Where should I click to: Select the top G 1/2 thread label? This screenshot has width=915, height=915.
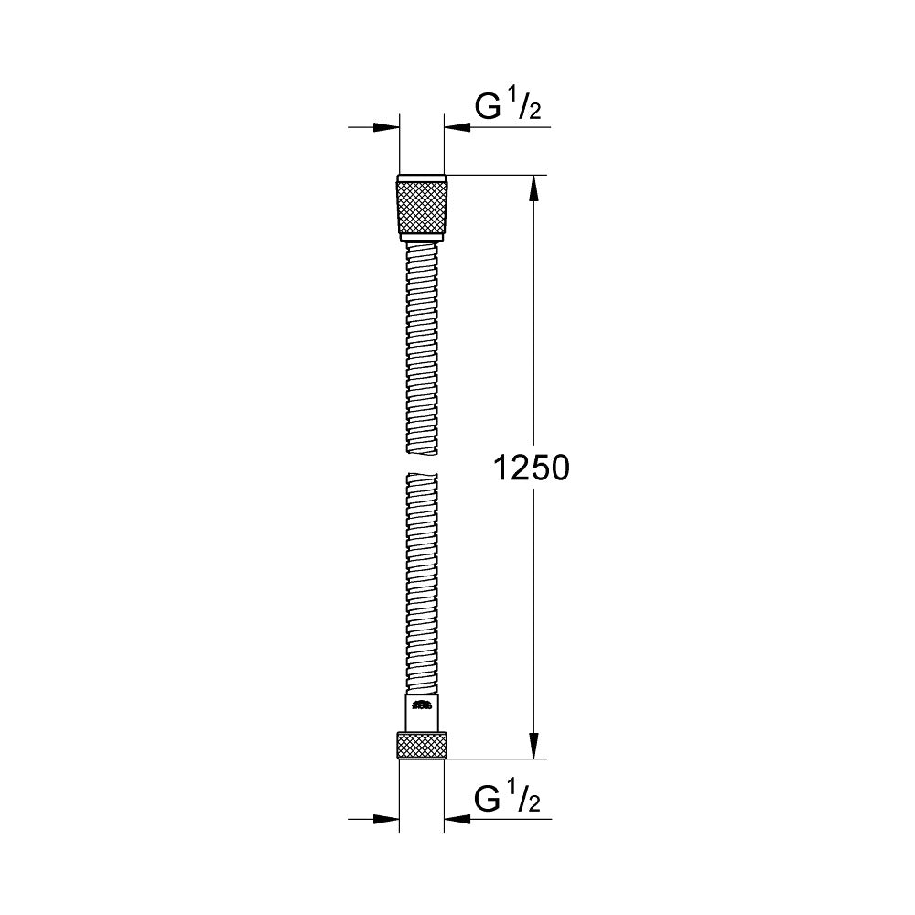(x=507, y=108)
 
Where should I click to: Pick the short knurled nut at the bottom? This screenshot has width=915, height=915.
(x=422, y=745)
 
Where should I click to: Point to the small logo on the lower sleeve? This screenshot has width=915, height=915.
(x=422, y=705)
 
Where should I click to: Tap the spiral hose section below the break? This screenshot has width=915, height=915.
(x=422, y=586)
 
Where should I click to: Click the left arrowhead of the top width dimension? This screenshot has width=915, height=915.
(x=388, y=127)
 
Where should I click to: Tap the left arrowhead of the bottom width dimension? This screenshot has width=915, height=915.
(x=388, y=819)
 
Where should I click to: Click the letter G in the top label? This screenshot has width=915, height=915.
(x=487, y=107)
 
